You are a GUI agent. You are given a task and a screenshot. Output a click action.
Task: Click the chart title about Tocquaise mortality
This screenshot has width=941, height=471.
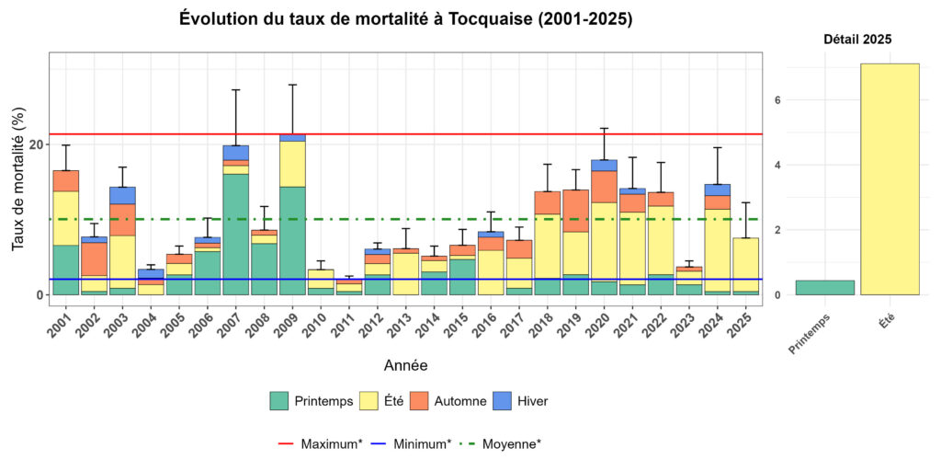pos(405,19)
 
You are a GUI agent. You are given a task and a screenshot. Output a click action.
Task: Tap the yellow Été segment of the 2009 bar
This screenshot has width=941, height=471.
pos(292,164)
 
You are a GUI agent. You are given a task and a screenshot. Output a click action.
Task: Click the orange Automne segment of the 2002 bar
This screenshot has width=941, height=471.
pos(94,258)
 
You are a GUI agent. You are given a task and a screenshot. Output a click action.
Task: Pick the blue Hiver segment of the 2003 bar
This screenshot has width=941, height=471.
pos(122,195)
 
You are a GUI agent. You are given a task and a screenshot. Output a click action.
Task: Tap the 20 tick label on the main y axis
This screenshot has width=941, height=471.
pos(36,144)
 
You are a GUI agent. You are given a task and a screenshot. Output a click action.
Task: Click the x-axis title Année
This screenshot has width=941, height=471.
pos(405,365)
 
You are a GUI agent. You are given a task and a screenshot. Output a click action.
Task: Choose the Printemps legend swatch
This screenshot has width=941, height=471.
pos(279,401)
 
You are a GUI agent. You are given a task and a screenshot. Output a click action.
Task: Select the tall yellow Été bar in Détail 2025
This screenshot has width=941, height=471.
pos(890,178)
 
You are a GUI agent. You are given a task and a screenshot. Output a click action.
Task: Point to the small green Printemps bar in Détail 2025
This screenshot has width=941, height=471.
pos(824,287)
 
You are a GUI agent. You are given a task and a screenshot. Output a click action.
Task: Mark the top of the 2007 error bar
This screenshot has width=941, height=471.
pos(236,89)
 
